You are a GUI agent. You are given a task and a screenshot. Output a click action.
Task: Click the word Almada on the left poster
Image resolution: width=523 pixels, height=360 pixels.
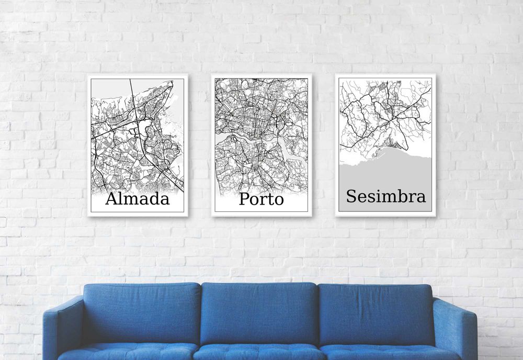coord(138,199)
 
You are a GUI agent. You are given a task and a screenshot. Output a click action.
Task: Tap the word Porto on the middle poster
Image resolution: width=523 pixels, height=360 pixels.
coord(261,199)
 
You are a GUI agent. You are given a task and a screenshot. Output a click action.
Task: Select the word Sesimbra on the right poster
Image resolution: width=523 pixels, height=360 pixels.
coord(385,197)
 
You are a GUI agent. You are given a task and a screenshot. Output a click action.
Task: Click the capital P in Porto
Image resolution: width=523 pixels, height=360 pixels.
coord(244,199)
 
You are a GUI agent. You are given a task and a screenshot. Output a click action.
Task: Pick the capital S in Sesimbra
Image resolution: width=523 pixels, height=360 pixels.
coord(351,197)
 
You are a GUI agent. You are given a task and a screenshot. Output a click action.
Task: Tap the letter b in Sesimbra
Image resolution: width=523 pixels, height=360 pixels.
coord(400,196)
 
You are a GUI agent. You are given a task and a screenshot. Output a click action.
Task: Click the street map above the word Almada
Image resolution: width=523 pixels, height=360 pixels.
coord(137,136)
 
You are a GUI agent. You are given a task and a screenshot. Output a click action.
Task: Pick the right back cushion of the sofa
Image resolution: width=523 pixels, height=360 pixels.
coord(376,314)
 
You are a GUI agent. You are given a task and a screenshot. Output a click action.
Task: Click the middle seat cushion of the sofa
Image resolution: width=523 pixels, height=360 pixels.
coord(259,353)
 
